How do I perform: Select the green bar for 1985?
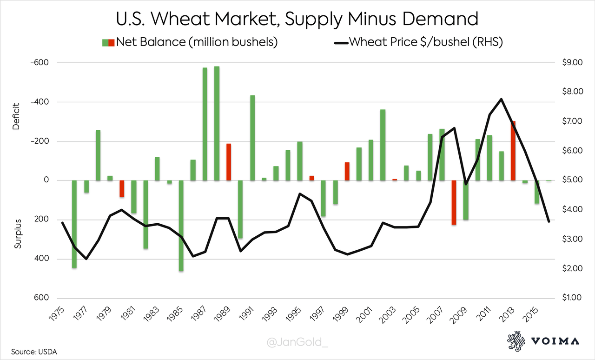181,226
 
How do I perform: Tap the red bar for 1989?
229,162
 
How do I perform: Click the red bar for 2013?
513,151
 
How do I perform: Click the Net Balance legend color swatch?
108,43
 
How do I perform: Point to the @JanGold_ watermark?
297,343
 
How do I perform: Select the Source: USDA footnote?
31,351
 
